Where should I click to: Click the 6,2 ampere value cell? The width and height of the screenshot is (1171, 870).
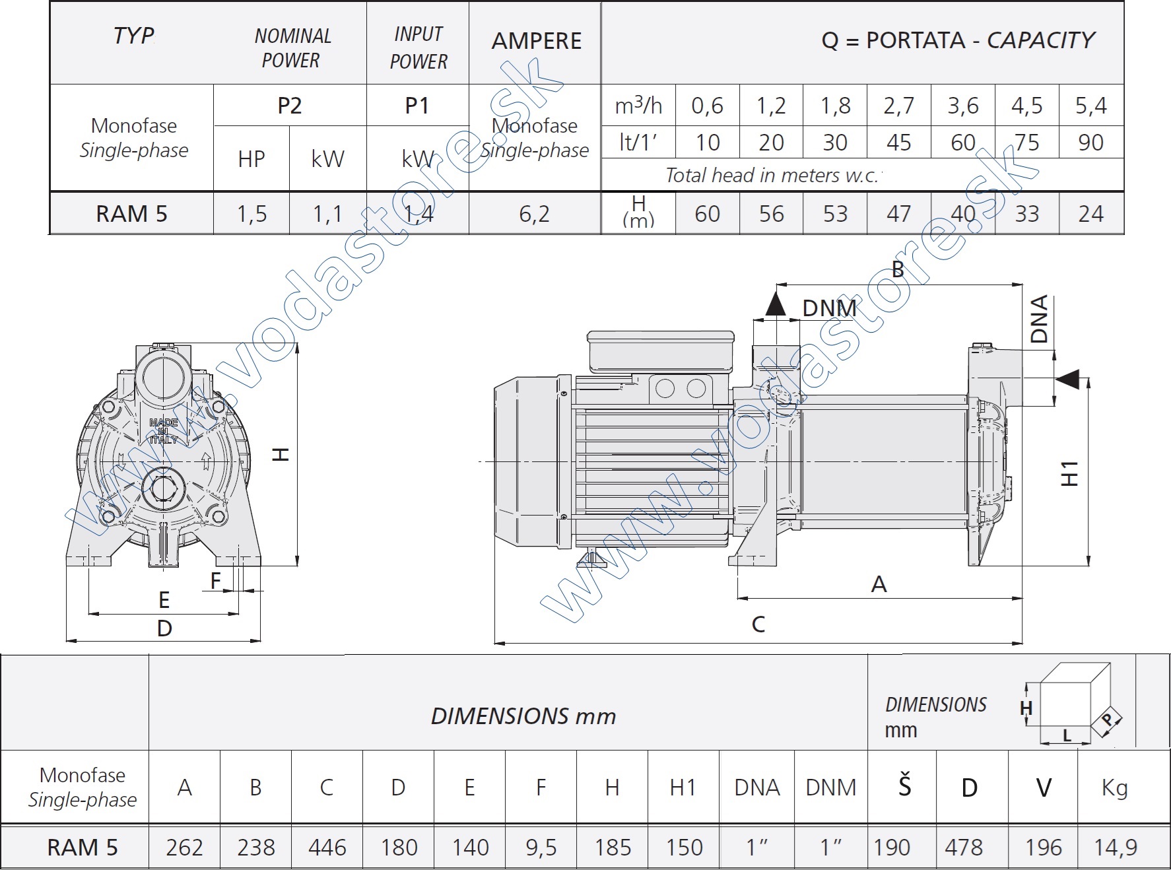(534, 214)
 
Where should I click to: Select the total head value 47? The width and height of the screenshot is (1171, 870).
(898, 214)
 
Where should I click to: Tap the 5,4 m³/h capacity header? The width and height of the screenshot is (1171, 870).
(1090, 106)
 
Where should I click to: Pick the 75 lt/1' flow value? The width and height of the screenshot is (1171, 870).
(1026, 143)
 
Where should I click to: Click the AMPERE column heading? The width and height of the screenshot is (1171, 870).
(536, 41)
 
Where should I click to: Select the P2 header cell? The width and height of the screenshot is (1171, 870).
(289, 106)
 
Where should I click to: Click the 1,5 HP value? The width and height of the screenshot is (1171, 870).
(251, 214)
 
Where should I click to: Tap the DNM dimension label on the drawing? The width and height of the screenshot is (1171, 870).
(829, 308)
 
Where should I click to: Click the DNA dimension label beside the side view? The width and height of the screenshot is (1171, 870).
(1039, 319)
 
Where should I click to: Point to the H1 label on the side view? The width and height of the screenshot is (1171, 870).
(1069, 473)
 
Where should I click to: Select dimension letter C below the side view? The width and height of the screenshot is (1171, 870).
(758, 624)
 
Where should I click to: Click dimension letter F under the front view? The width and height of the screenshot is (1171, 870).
(215, 581)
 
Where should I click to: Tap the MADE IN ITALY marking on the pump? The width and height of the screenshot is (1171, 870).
(163, 430)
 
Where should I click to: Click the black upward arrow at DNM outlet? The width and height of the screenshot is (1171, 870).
(776, 304)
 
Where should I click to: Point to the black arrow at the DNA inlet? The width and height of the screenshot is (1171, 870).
(1067, 379)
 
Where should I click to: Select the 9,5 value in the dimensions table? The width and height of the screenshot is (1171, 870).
(541, 847)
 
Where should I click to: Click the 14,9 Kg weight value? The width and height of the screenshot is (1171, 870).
(1115, 847)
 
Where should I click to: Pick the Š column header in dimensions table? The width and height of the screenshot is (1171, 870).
(904, 787)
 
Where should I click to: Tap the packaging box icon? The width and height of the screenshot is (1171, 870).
(1075, 704)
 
